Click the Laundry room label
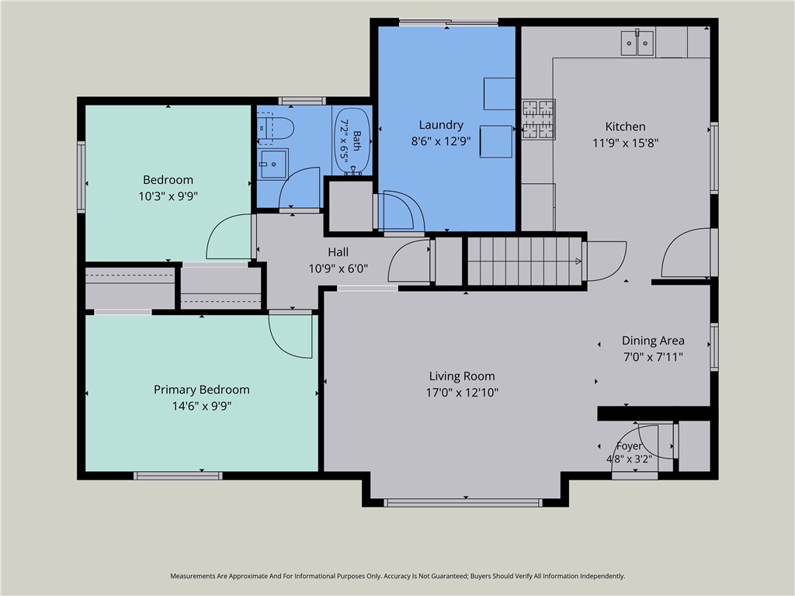(441, 125)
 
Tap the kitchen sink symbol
(637, 43)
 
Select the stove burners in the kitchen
(539, 119)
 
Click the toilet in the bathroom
(276, 129)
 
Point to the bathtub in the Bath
(352, 141)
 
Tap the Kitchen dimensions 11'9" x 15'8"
(625, 144)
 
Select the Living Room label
(462, 376)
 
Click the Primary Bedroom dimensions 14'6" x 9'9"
(202, 406)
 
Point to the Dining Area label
(653, 341)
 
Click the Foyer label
(629, 446)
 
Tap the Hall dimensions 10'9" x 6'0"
(338, 269)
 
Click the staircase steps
(524, 262)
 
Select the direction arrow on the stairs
(578, 262)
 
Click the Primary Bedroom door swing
(290, 337)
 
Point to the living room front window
(463, 503)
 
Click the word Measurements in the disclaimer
(193, 577)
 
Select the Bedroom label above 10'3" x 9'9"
(168, 180)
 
